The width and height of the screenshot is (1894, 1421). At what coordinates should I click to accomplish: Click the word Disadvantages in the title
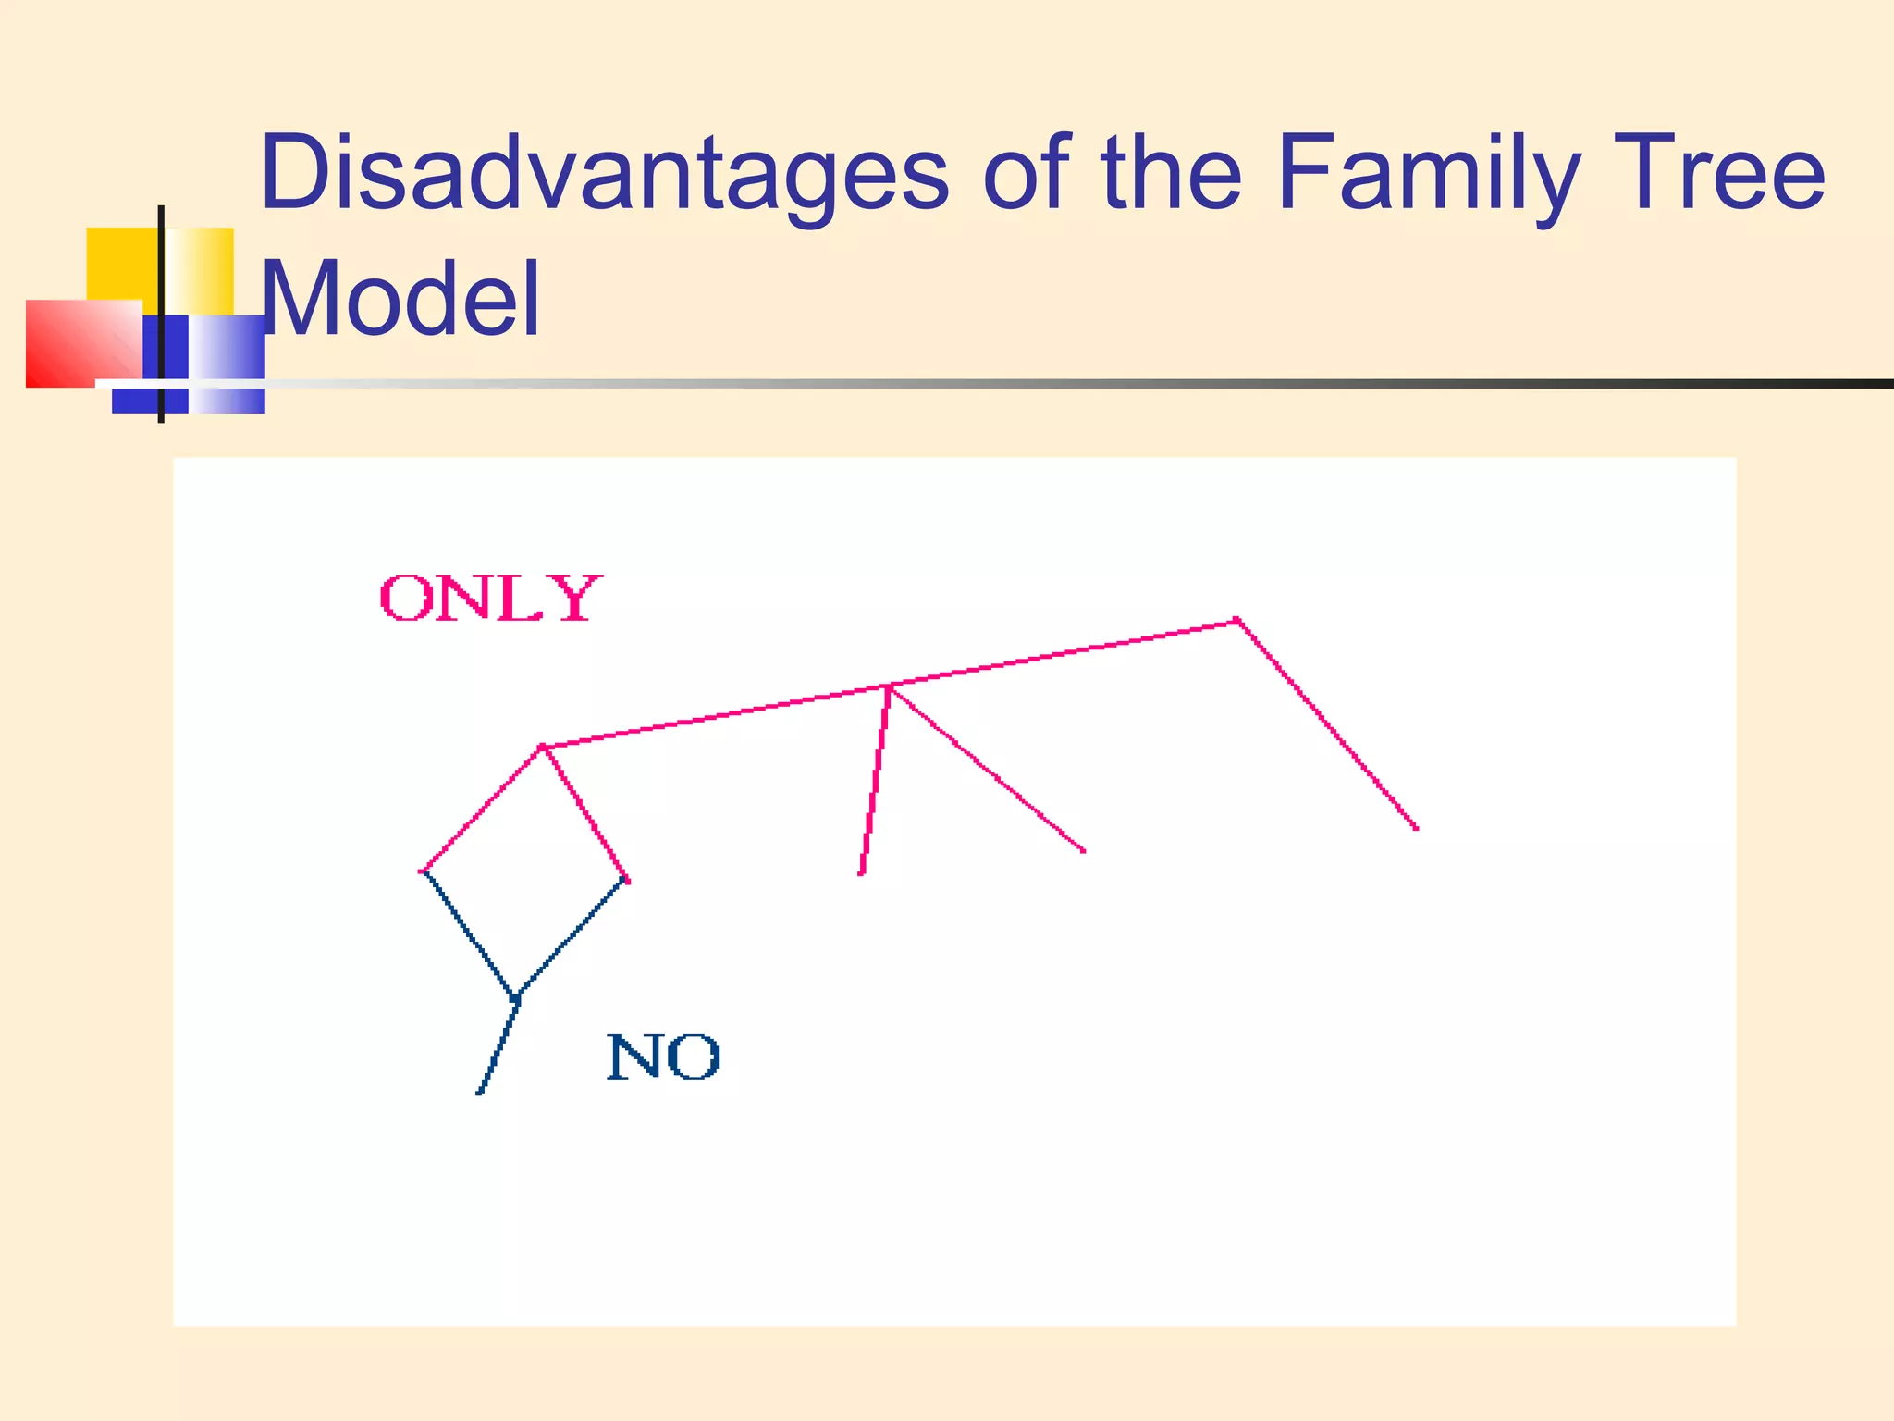[604, 173]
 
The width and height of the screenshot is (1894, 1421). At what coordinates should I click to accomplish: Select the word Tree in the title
[1723, 173]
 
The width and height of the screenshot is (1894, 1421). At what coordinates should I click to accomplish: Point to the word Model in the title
[400, 299]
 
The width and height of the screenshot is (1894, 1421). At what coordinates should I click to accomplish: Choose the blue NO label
[663, 1056]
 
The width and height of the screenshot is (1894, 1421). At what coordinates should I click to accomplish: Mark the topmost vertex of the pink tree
[1236, 621]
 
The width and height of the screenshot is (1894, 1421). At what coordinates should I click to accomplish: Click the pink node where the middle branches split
[889, 687]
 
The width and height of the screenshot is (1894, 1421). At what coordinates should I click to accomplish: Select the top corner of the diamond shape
[543, 747]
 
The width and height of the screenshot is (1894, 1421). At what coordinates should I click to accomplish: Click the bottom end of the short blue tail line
[479, 1093]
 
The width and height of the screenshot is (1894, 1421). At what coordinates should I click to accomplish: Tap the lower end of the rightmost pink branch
[1416, 828]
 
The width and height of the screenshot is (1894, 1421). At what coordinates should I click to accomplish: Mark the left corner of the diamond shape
[423, 871]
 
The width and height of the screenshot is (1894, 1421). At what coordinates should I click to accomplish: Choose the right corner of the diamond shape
[627, 880]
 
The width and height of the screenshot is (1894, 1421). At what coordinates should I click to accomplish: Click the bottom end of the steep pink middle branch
[861, 872]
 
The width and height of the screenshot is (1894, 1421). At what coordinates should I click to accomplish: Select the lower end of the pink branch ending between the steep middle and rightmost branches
[1084, 851]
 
